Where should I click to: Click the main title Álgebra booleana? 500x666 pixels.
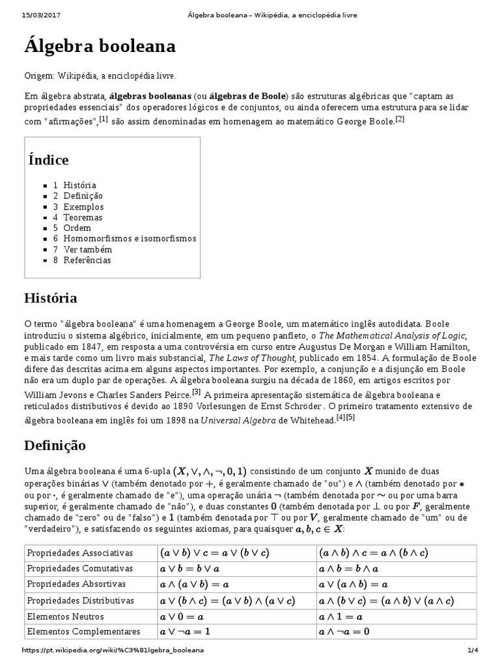pyautogui.click(x=100, y=47)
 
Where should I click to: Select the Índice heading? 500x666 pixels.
pyautogui.click(x=49, y=160)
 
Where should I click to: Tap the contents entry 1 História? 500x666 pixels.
pyautogui.click(x=75, y=185)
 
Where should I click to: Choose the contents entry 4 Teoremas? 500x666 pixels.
pyautogui.click(x=77, y=217)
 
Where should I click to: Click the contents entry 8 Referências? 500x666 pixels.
pyautogui.click(x=82, y=260)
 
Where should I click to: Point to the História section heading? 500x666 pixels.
pyautogui.click(x=51, y=299)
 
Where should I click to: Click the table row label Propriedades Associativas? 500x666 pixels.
pyautogui.click(x=79, y=553)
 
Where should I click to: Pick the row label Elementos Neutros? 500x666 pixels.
pyautogui.click(x=65, y=616)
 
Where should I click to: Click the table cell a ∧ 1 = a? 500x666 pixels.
pyautogui.click(x=340, y=616)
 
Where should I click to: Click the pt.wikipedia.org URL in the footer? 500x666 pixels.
pyautogui.click(x=113, y=650)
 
